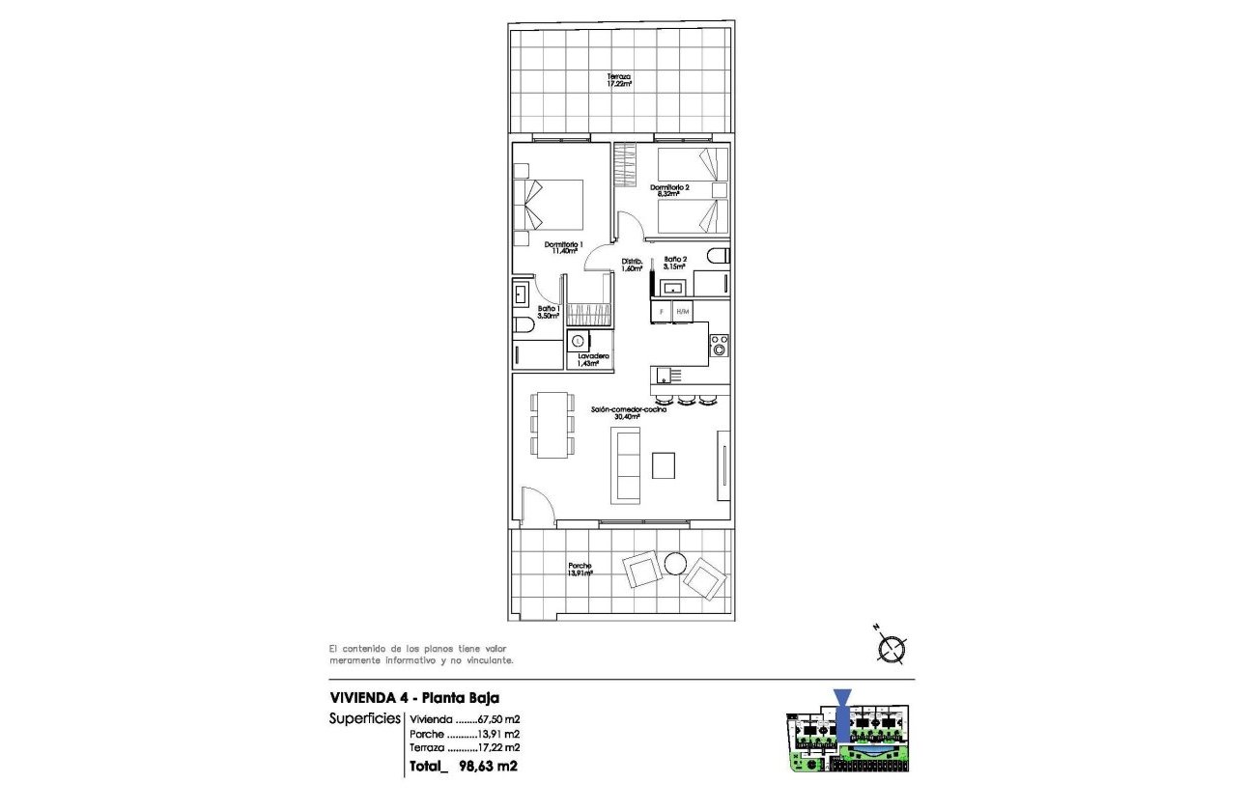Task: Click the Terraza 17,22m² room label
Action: (x=619, y=80)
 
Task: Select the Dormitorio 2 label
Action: (x=669, y=190)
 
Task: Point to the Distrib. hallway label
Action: (x=633, y=265)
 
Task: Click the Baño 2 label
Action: (x=675, y=263)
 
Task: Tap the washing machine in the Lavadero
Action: (x=579, y=340)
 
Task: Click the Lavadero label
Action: (x=592, y=360)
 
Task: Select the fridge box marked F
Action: (x=662, y=312)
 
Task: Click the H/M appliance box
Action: (x=683, y=312)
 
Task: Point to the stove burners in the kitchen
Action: (x=720, y=345)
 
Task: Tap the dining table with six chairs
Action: (x=552, y=425)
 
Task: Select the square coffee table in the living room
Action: (x=665, y=466)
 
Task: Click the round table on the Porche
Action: (x=675, y=562)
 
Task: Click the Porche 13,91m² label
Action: (x=580, y=570)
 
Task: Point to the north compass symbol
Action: (x=892, y=646)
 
